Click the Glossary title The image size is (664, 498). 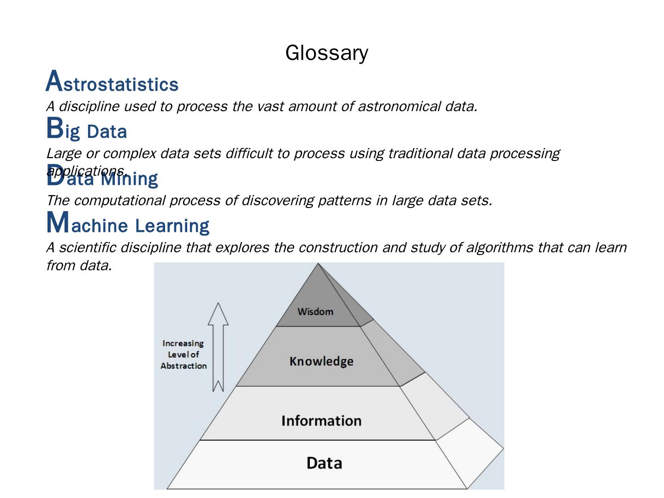(326, 53)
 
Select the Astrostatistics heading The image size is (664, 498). (112, 83)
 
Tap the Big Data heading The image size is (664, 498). (87, 130)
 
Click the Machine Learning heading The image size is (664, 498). (128, 224)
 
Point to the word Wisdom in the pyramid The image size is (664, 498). (315, 312)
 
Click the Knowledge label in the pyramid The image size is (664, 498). (321, 361)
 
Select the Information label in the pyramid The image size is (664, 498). (321, 421)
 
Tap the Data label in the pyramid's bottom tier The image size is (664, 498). (324, 463)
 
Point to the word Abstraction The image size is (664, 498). (184, 366)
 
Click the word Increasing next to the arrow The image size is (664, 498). (183, 344)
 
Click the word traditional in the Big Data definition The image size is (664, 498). (420, 153)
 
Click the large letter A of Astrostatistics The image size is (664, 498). (54, 81)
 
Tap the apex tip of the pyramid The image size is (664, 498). (318, 264)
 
